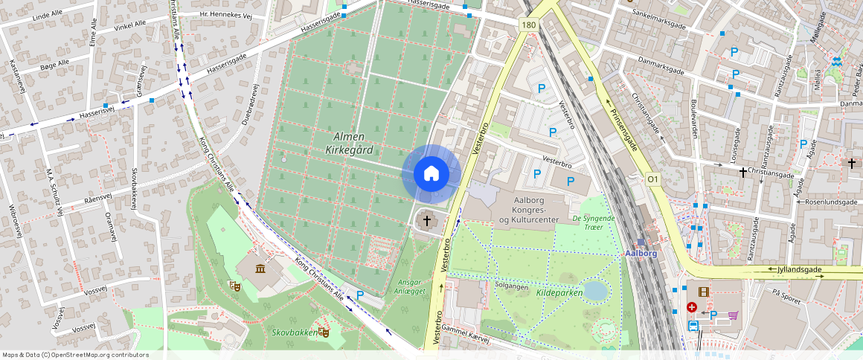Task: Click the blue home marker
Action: point(431,173)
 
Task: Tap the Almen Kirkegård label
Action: point(349,143)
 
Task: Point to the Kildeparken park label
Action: point(559,292)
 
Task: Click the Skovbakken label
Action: point(292,332)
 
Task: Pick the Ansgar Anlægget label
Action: point(414,287)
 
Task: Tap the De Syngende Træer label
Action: point(594,222)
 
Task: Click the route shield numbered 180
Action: point(528,25)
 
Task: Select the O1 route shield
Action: point(653,179)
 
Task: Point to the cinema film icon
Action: point(704,292)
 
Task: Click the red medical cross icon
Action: point(692,306)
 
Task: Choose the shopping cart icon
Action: point(733,315)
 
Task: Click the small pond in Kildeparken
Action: point(595,290)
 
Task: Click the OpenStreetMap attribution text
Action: point(75,355)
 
